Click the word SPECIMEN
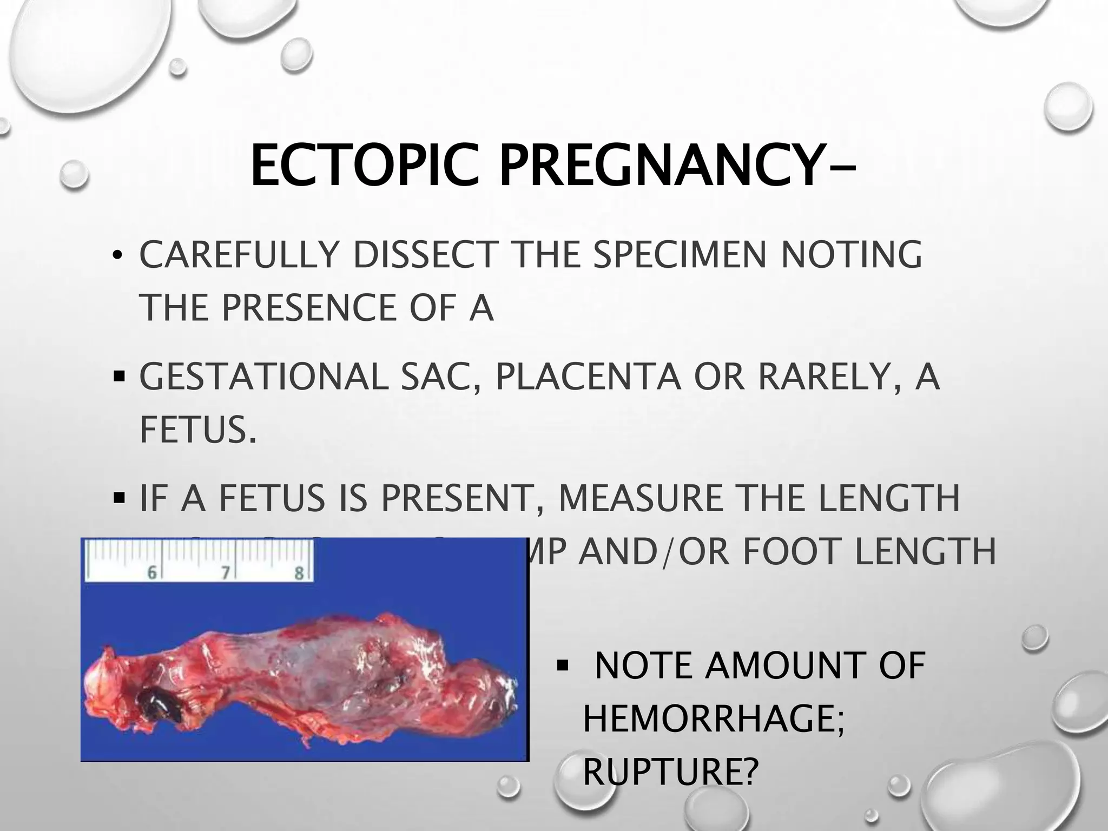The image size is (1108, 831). click(x=682, y=254)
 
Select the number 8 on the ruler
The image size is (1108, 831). click(x=299, y=572)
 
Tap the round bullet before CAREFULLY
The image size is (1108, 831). click(x=116, y=255)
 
